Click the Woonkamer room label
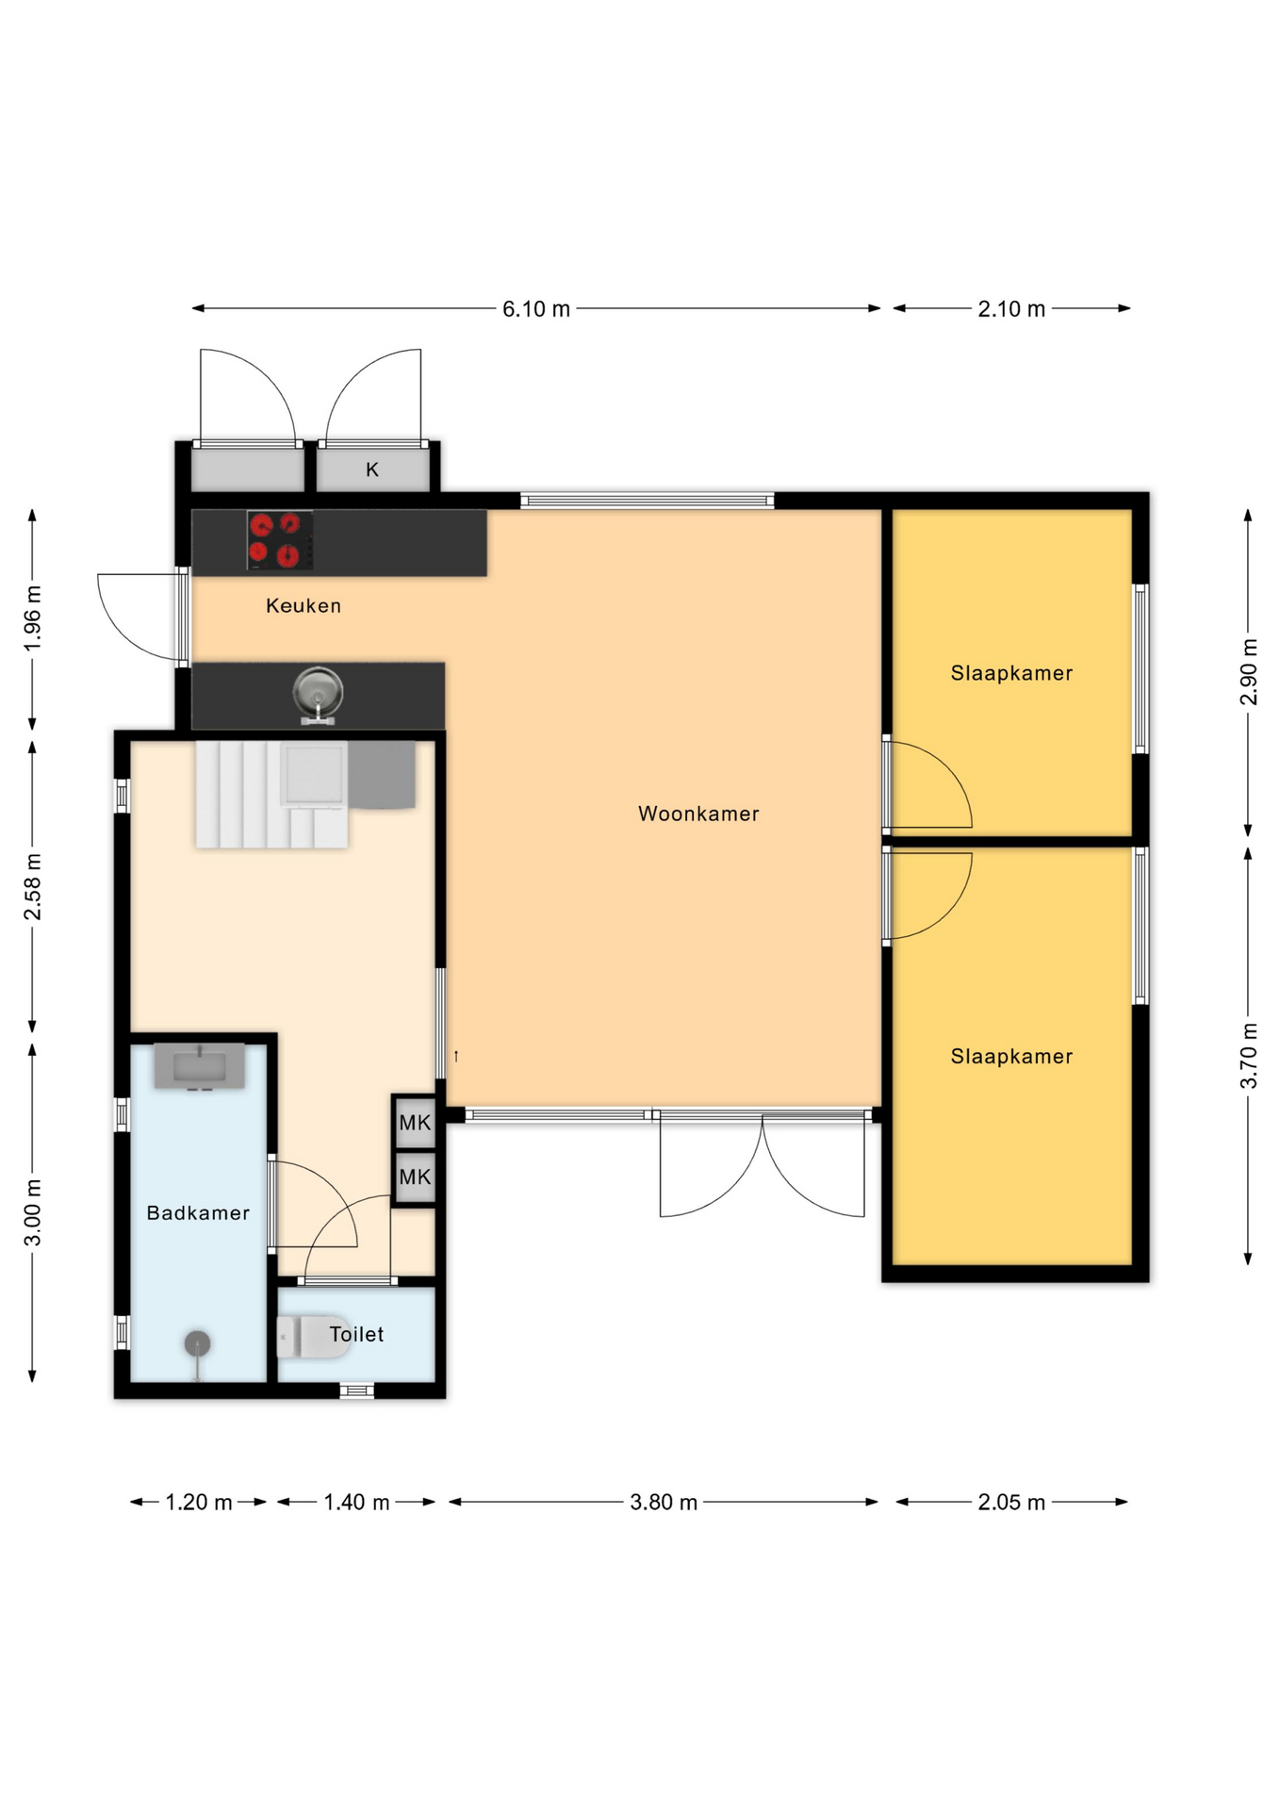pos(698,814)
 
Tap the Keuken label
pos(304,606)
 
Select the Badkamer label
pos(198,1213)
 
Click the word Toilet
pos(356,1334)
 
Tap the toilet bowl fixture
pos(313,1336)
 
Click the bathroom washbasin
pos(200,1066)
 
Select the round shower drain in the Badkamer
pos(197,1343)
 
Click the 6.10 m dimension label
pos(536,309)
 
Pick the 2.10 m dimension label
pos(1011,309)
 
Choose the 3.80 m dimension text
pos(664,1503)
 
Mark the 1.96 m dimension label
pos(33,618)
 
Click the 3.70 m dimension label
pos(1249,1056)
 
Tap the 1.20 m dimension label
pos(199,1503)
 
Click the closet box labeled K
pos(372,469)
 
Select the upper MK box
pos(415,1122)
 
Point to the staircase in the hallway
pos(271,794)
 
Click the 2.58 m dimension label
pos(33,887)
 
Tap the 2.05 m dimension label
pos(1011,1503)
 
